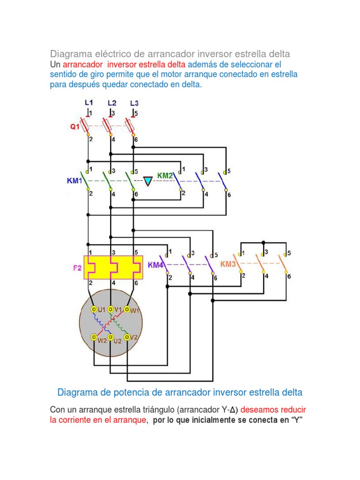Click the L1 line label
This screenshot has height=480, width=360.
click(x=89, y=102)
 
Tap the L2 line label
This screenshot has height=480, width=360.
click(x=112, y=102)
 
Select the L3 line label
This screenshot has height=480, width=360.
click(x=135, y=102)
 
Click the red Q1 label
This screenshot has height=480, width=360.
click(x=75, y=127)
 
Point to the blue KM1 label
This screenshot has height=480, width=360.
click(x=75, y=180)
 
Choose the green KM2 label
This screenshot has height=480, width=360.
click(x=165, y=176)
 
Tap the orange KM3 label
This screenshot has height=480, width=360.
click(x=228, y=264)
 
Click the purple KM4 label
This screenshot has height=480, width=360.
click(x=156, y=265)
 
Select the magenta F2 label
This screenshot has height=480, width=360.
click(x=77, y=269)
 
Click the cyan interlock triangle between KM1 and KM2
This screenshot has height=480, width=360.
click(x=148, y=181)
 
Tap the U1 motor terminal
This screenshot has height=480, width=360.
click(x=94, y=309)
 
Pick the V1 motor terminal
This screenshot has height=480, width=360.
click(x=111, y=309)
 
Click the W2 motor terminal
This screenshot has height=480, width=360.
click(x=94, y=337)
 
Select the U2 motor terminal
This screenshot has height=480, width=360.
click(x=111, y=337)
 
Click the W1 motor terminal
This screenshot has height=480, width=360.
click(x=127, y=309)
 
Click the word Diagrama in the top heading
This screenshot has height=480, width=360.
click(x=68, y=53)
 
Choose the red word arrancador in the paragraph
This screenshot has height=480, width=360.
click(x=82, y=64)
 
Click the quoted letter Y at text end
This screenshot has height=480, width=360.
click(x=295, y=420)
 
